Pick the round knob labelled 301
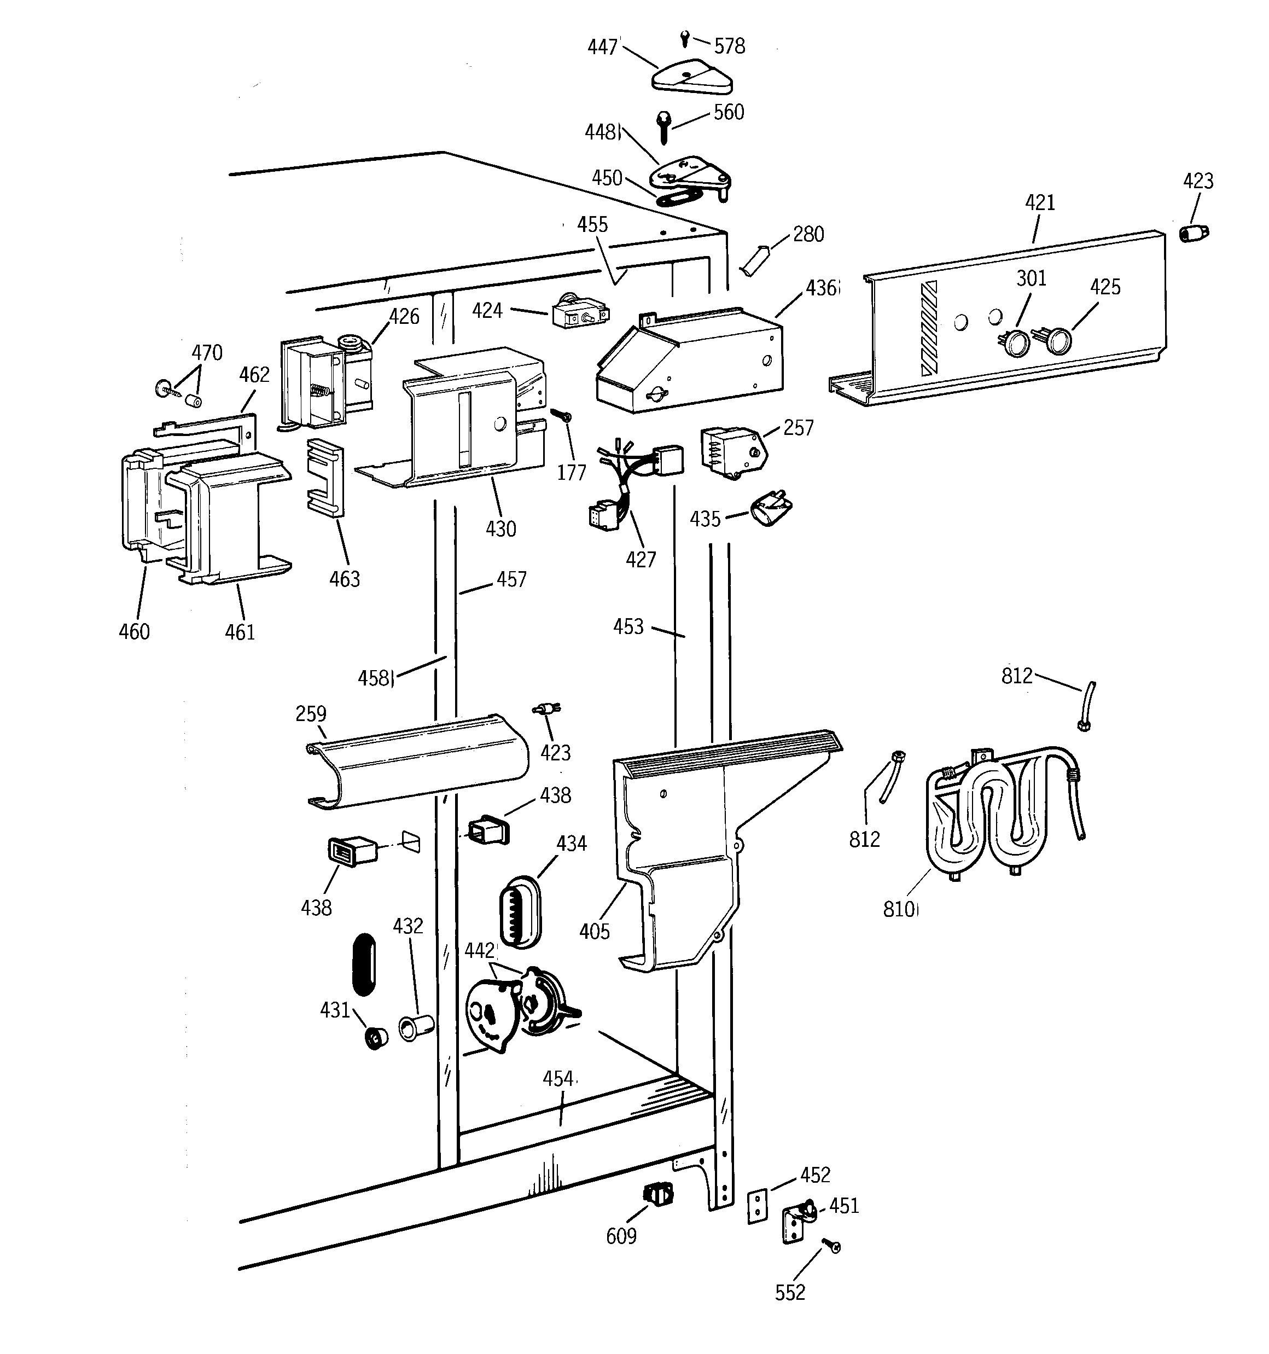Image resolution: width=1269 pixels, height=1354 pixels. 1017,342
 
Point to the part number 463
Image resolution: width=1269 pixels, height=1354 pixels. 344,579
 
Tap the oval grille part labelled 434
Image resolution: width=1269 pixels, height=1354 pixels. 520,911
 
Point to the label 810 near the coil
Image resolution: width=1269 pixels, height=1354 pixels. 899,909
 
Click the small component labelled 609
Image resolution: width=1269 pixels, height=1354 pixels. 658,1193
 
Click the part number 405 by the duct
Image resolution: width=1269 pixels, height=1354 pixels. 594,931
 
